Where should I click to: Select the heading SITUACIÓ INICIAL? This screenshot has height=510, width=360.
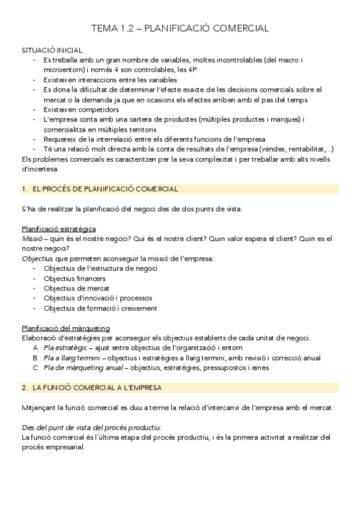[52, 50]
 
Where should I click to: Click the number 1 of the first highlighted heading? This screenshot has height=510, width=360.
[23, 189]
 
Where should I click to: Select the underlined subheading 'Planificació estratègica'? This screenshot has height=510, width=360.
[59, 229]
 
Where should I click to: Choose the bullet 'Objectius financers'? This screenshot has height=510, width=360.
[75, 278]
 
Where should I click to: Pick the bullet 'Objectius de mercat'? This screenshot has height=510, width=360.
[76, 288]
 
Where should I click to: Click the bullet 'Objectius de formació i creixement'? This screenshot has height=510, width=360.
[100, 308]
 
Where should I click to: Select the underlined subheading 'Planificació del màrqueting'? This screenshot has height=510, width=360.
[66, 328]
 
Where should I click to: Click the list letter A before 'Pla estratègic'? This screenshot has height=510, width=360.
[35, 348]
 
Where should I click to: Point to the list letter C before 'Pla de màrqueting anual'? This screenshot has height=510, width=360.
[35, 367]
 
